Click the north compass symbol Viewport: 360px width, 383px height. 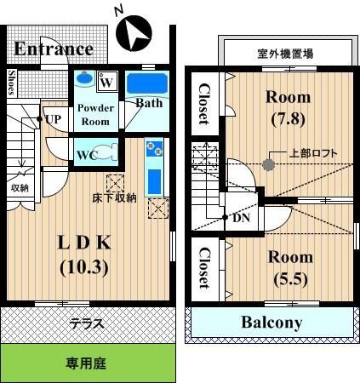134,33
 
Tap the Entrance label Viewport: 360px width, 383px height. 54,49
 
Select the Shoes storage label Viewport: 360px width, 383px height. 11,83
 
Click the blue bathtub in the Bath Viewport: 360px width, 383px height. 147,83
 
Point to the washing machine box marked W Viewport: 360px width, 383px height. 107,82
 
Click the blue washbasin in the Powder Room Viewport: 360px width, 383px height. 83,77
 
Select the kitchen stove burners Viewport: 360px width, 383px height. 154,149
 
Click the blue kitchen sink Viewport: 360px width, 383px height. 154,181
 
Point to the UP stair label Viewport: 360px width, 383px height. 53,119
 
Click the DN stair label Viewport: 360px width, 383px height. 241,218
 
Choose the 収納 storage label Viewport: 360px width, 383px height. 20,187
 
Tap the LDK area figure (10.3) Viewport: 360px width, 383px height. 84,267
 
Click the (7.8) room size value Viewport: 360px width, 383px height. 288,119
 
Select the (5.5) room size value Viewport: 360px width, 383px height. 291,279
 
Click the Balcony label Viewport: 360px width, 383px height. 271,323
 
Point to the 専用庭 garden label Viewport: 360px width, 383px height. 86,363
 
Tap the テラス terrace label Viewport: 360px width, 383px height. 87,323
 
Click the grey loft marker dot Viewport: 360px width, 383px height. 268,164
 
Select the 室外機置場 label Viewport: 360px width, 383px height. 285,54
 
